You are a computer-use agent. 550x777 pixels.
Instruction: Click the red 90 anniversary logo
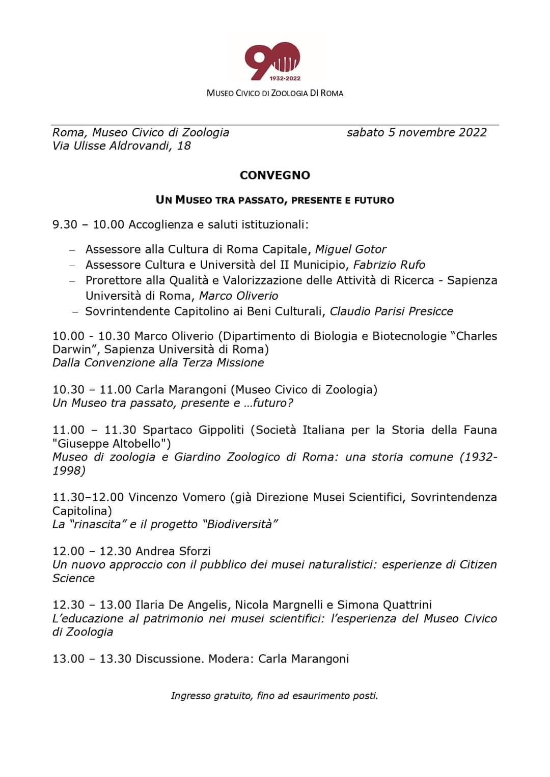(272, 61)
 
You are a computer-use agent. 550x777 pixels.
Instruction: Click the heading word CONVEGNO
(274, 175)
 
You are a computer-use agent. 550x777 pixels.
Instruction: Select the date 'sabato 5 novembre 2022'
(416, 132)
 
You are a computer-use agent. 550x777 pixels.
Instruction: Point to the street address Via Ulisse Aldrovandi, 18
(121, 146)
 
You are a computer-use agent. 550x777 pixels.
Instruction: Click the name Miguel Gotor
(350, 249)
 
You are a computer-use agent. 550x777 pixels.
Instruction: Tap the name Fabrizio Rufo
(389, 265)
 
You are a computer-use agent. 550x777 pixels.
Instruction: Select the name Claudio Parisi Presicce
(391, 311)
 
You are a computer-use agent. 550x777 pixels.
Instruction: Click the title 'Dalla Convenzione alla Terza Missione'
(158, 363)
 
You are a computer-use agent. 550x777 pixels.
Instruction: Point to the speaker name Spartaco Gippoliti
(193, 430)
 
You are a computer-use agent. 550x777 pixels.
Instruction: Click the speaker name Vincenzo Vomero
(177, 497)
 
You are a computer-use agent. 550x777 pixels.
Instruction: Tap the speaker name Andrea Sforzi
(173, 551)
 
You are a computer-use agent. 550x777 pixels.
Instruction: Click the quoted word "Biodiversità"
(240, 524)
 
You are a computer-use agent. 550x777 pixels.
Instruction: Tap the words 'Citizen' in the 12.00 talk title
(478, 565)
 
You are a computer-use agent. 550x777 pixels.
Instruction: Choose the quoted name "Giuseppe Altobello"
(112, 443)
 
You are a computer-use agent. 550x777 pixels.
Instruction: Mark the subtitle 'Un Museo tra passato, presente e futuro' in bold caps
(274, 200)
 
